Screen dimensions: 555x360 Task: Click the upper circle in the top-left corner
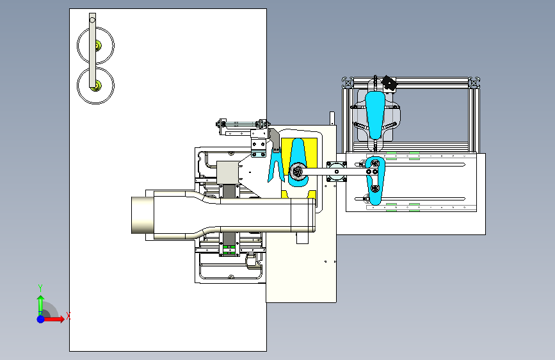78,45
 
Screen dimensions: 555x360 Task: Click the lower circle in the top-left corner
78,85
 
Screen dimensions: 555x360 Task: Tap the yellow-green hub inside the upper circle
98,45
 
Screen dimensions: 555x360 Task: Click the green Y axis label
40,288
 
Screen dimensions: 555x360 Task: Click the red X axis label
68,316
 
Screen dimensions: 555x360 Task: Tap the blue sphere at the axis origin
41,319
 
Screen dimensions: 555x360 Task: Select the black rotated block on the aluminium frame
389,84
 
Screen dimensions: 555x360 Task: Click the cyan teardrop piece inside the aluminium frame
375,114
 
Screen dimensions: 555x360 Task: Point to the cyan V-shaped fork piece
276,166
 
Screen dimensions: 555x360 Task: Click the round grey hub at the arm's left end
298,172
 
